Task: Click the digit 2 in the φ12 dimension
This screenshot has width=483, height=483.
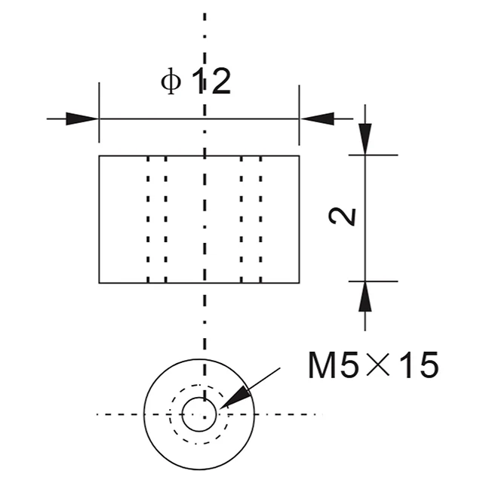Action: (221, 81)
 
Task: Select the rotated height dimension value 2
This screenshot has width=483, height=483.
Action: (342, 217)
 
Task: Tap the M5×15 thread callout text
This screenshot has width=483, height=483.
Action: (373, 365)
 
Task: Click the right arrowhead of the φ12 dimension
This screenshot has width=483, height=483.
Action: (317, 118)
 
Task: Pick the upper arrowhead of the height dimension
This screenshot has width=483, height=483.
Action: (365, 139)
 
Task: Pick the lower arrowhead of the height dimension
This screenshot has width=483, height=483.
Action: (365, 297)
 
